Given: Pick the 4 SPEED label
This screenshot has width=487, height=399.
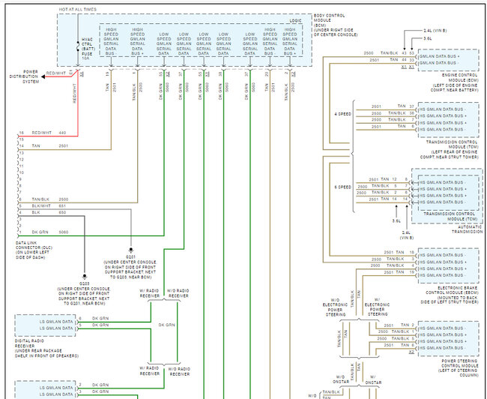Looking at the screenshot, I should click(342, 113).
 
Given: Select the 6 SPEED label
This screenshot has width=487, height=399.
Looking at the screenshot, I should click(342, 187).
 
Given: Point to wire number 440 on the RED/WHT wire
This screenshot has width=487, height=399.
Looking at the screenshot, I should click(63, 132).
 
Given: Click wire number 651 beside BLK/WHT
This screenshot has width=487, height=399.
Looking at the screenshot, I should click(63, 205).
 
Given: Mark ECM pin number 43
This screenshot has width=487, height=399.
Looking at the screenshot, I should click(403, 53).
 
